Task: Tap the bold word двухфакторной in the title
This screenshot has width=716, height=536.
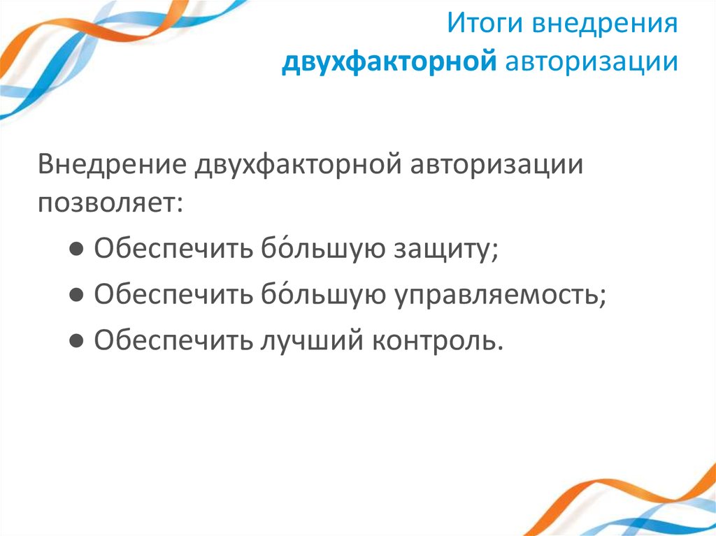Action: pos(389,62)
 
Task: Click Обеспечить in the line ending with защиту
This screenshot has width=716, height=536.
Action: pos(173,249)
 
